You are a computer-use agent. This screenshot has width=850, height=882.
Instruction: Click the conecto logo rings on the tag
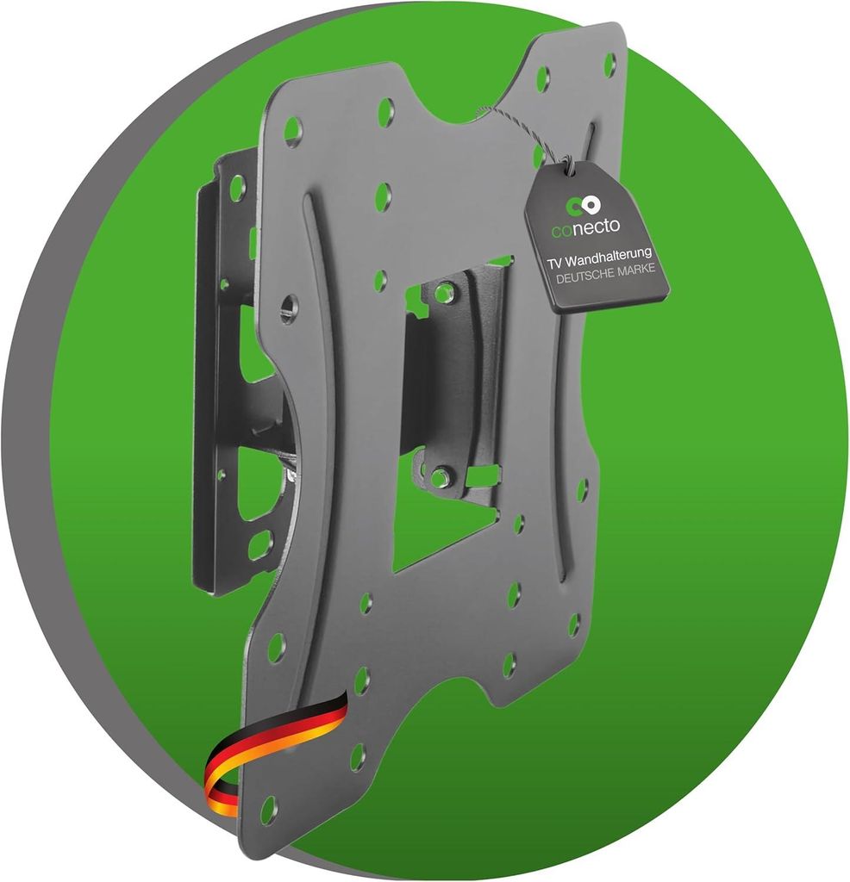(x=583, y=205)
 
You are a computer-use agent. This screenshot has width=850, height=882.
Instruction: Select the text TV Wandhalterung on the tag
(x=600, y=258)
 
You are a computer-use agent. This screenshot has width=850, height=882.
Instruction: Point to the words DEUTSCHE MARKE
(x=606, y=273)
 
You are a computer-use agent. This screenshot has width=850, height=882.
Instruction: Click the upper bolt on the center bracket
(x=445, y=291)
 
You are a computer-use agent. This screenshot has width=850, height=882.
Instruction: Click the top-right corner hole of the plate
(x=610, y=65)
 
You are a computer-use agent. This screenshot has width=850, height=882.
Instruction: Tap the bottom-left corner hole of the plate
(x=269, y=808)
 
